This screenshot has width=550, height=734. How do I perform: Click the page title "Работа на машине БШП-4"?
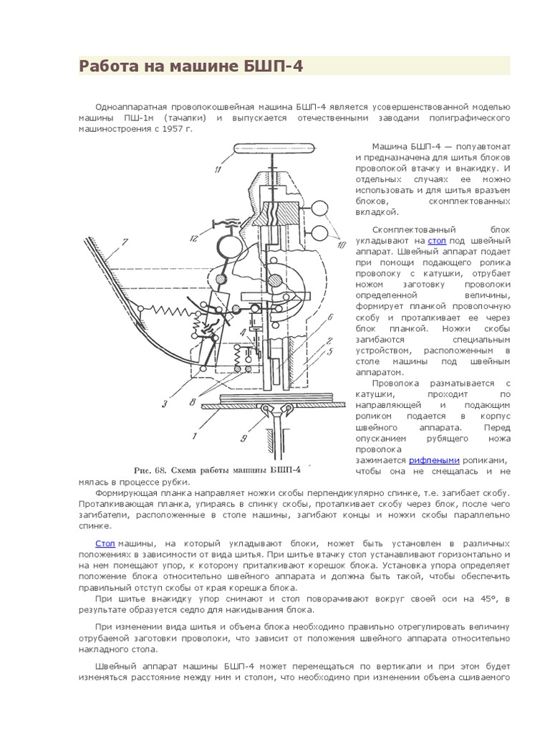(x=191, y=67)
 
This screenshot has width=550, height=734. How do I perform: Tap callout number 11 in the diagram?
(x=216, y=170)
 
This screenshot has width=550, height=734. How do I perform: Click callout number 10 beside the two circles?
(x=340, y=245)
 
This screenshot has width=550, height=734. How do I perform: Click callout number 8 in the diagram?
(x=193, y=403)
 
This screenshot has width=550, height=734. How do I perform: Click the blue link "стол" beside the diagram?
(x=437, y=242)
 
